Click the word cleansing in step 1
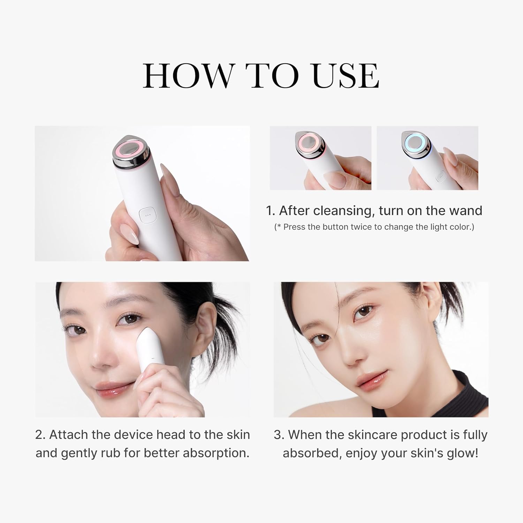(344, 211)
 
